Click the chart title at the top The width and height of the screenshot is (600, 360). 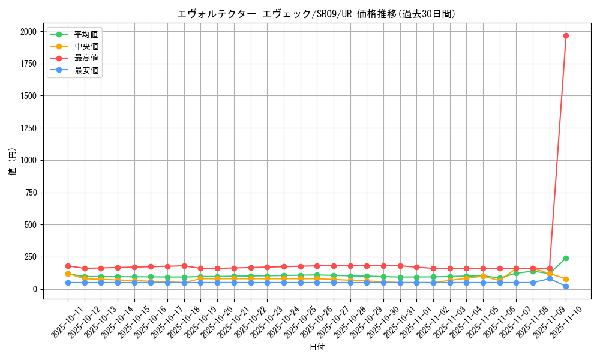coord(316,14)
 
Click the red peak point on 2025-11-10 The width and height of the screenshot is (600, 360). coord(566,35)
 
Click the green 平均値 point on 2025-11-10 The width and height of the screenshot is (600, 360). coord(566,258)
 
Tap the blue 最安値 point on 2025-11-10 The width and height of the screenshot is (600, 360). coord(566,286)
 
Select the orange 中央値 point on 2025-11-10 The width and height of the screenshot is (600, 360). coord(566,279)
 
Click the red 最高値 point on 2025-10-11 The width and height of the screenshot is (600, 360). coord(68,266)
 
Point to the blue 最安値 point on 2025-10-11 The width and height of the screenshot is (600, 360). coord(68,283)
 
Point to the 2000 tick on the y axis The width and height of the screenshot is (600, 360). coord(28,31)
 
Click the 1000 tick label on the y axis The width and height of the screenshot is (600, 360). coord(28,160)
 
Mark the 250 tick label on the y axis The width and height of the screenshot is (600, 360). coord(30,257)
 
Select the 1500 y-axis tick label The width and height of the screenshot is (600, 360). coord(28,96)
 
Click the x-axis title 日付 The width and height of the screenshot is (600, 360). coord(316,347)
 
